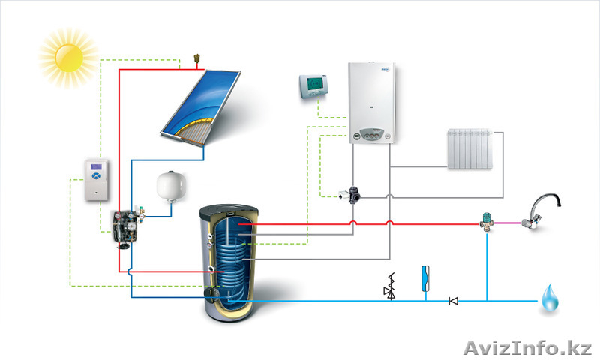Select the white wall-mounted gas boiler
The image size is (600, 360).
[372, 104]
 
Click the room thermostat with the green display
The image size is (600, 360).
[315, 85]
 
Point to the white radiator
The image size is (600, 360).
[472, 150]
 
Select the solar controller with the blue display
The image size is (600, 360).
[96, 179]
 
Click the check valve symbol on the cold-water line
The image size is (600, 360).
[453, 301]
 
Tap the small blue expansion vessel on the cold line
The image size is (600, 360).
[425, 274]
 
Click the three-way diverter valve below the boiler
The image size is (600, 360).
[352, 193]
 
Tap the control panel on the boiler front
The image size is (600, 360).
[372, 136]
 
